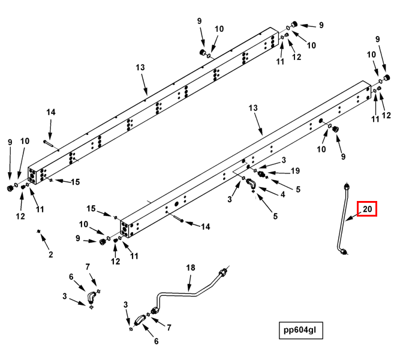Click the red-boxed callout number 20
click(367, 209)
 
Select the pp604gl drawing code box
click(301, 330)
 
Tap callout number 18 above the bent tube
click(191, 268)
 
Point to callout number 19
click(295, 171)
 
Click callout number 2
click(51, 254)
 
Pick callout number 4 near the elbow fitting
click(282, 194)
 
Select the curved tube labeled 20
click(343, 219)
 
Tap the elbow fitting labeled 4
click(251, 184)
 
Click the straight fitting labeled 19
click(261, 174)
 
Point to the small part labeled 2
click(38, 231)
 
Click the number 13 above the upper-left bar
click(140, 67)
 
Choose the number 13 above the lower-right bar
click(252, 108)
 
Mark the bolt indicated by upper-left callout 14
click(50, 143)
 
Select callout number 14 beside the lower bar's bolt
click(205, 226)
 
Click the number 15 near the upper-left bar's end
click(75, 182)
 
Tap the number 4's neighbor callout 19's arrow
click(279, 173)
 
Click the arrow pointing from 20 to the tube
click(354, 216)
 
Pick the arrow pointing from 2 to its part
click(44, 242)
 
